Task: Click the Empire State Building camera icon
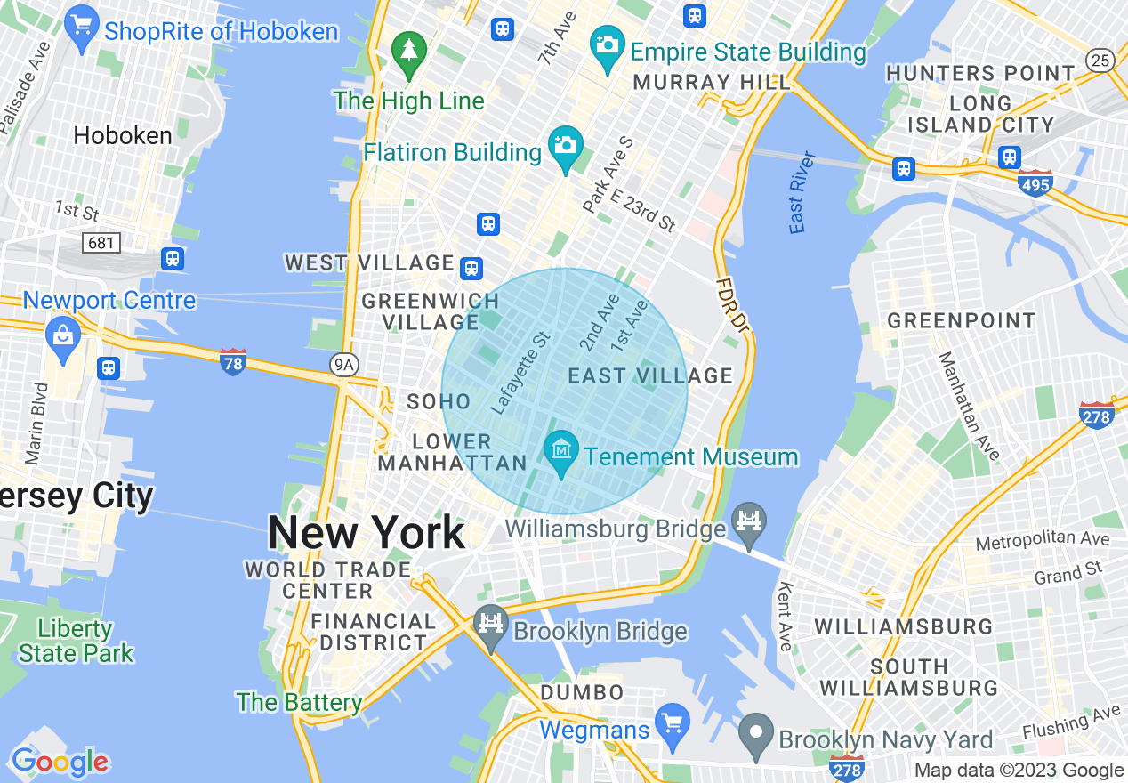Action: coord(608,43)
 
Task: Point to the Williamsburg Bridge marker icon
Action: coord(750,521)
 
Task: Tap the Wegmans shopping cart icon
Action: coord(673,721)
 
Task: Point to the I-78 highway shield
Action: coord(233,361)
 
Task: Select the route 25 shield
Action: coord(1100,60)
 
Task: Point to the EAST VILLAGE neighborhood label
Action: coord(650,375)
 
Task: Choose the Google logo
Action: coord(60,762)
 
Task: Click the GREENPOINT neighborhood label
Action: coord(962,320)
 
